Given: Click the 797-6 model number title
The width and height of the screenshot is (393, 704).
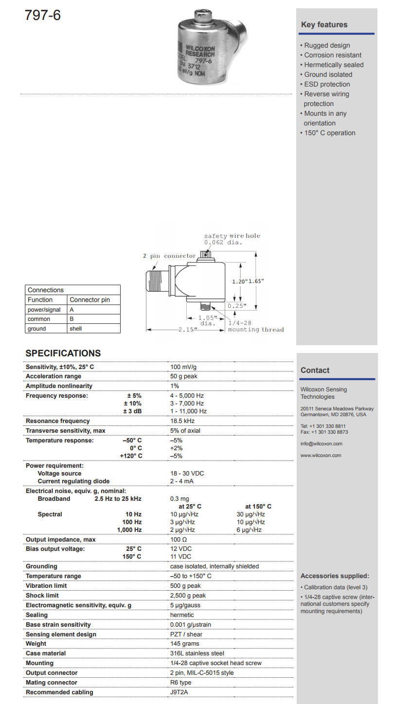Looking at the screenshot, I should pos(43,16).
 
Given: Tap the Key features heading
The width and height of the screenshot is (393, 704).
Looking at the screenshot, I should pos(324,25).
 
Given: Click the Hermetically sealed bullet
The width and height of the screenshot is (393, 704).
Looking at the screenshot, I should pos(334,65).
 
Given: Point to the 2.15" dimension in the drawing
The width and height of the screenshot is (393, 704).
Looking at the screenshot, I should pos(187,330).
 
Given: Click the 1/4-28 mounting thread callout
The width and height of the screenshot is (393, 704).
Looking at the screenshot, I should pos(255,326).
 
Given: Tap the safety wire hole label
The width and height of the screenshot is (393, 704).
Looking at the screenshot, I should pos(232,236).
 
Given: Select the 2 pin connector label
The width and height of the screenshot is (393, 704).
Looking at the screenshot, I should pos(169,256).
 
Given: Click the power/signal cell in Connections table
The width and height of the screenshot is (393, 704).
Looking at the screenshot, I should pos(44,309).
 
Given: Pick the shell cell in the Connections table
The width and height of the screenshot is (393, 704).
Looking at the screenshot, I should pos(75,329).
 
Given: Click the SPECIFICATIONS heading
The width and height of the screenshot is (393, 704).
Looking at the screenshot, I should pos(63,353).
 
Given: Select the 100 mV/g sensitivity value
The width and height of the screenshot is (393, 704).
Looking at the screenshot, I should pos(183,367).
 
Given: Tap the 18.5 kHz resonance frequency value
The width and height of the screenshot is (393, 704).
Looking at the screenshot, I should pos(182,421).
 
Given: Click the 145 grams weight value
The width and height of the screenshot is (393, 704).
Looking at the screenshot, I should pos(184,644).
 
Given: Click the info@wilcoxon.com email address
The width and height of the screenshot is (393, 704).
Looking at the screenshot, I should pos(322,444).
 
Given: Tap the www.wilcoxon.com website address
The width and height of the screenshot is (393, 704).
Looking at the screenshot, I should pos(321,456).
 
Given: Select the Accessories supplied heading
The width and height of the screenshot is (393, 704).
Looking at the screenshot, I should pos(335,576).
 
